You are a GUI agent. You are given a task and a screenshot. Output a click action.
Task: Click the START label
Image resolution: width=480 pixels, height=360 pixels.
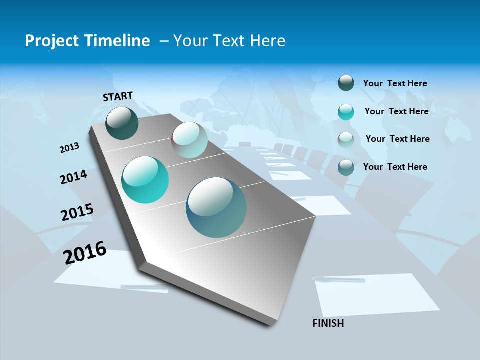118,96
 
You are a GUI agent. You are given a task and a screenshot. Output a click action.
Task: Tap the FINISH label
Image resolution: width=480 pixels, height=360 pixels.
328,323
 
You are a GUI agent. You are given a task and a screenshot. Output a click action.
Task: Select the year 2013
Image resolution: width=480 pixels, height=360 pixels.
70,148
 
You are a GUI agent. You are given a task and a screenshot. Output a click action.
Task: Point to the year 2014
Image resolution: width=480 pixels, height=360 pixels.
74,177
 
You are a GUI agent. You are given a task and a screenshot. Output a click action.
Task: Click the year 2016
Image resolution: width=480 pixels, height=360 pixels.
85,253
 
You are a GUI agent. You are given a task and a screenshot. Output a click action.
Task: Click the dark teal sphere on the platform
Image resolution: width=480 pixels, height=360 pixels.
122,123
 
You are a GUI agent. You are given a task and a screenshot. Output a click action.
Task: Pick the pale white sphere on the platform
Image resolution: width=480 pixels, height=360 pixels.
189,140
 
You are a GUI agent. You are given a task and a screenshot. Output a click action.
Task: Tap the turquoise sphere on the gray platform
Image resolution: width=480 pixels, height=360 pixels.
145,180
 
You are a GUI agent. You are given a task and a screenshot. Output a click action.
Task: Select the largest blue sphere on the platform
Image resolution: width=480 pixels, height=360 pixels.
216,207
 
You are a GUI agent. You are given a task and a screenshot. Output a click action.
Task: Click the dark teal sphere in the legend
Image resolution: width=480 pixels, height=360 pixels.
346,83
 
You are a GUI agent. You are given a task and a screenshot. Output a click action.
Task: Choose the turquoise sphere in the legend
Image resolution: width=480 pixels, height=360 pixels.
346,112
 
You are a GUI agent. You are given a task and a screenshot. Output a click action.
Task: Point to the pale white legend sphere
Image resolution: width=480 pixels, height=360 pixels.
346,140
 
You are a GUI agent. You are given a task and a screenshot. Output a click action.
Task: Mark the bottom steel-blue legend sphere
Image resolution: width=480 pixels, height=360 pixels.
346,167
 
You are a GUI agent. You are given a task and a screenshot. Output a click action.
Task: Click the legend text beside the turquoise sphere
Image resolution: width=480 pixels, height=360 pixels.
397,111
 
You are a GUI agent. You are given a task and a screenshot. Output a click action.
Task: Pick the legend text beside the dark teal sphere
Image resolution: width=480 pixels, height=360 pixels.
395,83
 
